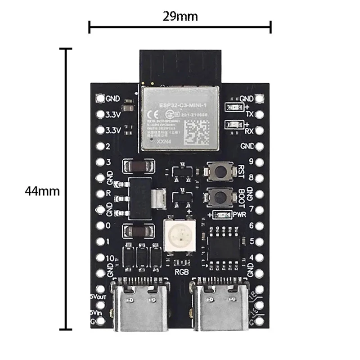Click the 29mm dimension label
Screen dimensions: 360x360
(x=180, y=17)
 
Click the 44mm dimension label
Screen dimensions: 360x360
(x=42, y=191)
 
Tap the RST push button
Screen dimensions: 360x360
(x=220, y=171)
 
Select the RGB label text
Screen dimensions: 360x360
(x=181, y=272)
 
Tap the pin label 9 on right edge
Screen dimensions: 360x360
(x=251, y=161)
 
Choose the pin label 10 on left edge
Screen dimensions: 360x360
(x=109, y=259)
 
